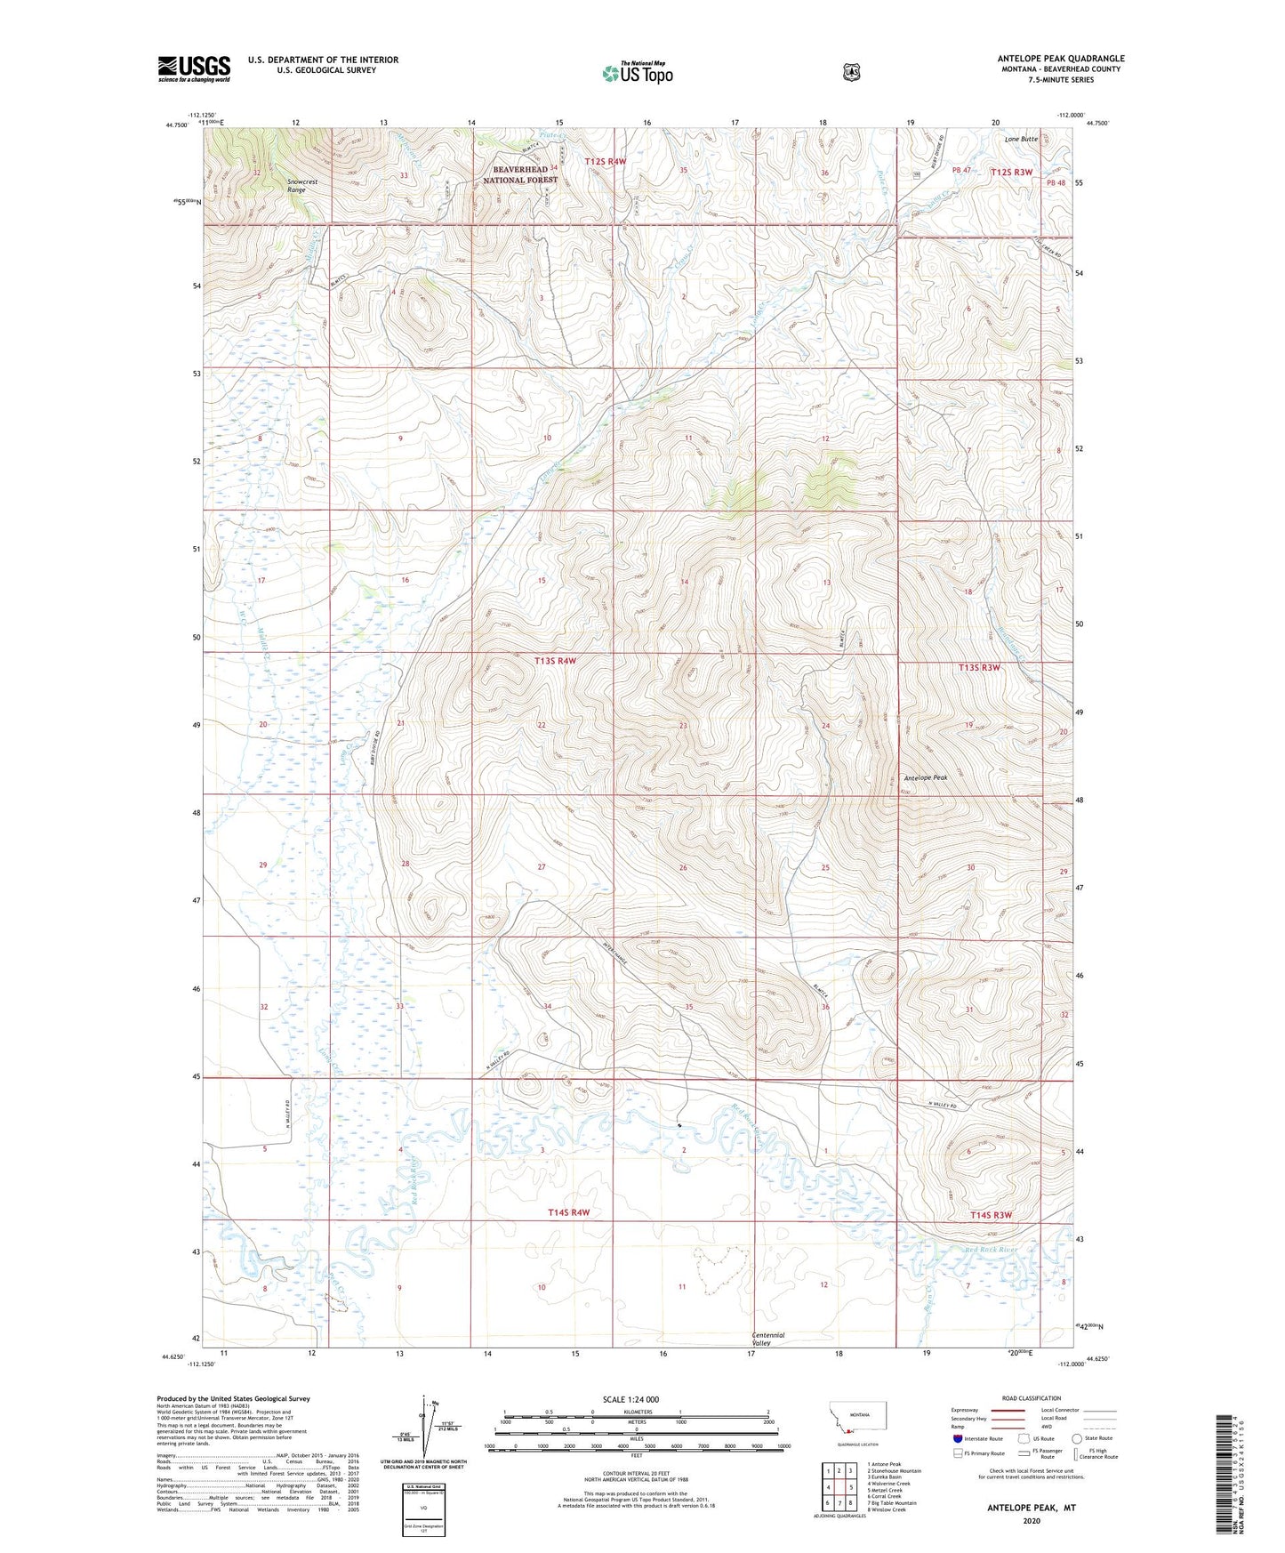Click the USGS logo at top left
click(194, 68)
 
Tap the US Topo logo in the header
click(637, 72)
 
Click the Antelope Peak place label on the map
click(926, 777)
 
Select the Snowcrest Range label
click(301, 186)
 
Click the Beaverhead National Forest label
click(520, 174)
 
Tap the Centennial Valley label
click(768, 1339)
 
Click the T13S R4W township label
click(556, 661)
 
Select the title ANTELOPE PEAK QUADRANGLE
click(1060, 59)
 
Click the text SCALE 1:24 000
click(630, 1399)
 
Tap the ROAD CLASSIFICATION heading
click(1032, 1398)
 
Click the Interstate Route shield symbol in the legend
click(957, 1438)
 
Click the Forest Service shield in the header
click(851, 71)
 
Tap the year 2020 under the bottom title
click(1032, 1520)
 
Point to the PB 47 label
click(961, 170)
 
